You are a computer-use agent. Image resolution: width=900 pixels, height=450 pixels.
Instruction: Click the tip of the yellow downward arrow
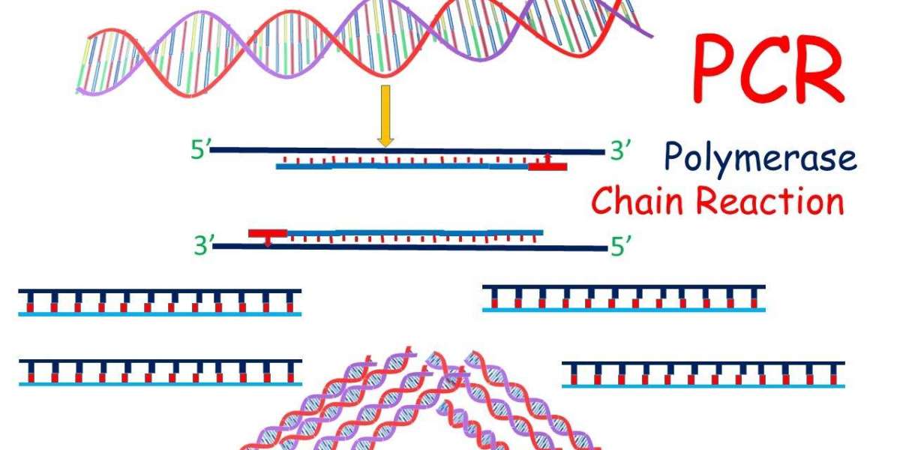[385, 147]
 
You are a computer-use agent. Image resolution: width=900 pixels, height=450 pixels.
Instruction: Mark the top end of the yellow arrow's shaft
[385, 85]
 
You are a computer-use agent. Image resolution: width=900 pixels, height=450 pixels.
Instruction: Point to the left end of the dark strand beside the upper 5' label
[211, 150]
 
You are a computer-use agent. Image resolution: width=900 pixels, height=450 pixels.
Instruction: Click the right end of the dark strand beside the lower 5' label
[607, 249]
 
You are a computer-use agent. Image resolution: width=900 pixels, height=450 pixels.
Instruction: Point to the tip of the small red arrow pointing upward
[547, 154]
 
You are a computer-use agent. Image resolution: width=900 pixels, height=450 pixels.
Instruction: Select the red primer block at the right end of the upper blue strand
[547, 166]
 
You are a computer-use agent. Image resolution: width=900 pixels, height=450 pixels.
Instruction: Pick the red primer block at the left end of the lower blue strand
[268, 233]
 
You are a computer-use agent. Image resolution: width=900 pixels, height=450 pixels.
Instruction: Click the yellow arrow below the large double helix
[385, 116]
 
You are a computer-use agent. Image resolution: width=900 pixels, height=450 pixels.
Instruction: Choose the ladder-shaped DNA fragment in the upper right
[624, 298]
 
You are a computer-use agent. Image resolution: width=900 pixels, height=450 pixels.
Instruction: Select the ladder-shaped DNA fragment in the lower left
[160, 373]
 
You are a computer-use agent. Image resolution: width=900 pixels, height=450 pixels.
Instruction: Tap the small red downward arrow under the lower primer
[268, 241]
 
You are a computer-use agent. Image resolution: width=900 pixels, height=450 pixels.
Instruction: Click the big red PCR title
[768, 68]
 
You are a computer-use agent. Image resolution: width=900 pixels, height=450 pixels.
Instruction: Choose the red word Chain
[637, 200]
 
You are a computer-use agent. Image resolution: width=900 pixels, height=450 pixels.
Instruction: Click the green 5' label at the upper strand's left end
[200, 150]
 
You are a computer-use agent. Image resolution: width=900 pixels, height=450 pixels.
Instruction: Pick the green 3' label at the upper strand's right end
[620, 150]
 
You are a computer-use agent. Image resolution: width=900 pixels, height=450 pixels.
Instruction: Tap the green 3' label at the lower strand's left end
[204, 245]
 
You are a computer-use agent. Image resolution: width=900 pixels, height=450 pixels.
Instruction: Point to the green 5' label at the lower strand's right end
[621, 246]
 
